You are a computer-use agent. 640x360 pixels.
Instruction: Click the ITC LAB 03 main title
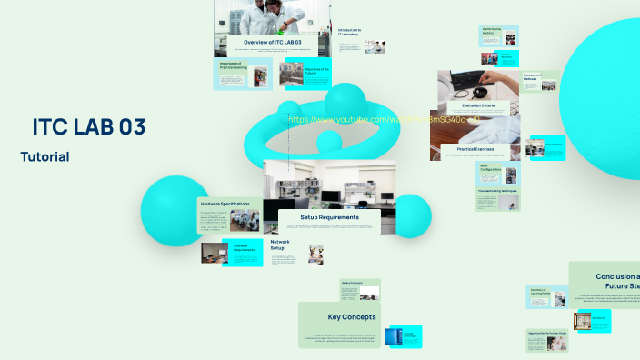coord(88,126)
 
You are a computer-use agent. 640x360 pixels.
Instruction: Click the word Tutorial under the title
coord(45,156)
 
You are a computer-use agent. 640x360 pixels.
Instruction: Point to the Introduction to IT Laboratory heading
coord(349,32)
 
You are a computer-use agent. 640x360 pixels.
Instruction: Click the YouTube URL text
coord(383,119)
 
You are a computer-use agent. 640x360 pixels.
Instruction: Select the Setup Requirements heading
coord(329,217)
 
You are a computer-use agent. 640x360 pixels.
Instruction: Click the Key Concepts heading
coord(352,316)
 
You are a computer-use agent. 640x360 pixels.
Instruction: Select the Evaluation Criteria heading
coord(478,106)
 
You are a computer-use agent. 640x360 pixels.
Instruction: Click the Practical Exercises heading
coord(475,148)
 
